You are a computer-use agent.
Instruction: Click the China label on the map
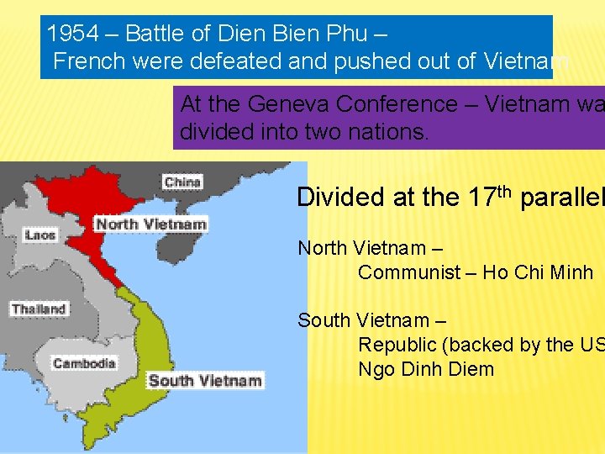182,182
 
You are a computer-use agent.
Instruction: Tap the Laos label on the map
39,235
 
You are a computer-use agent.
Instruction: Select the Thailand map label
39,309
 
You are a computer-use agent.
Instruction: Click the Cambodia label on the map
84,363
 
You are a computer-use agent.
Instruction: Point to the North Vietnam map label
150,224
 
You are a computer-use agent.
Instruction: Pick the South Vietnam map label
205,380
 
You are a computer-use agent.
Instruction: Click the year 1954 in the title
72,34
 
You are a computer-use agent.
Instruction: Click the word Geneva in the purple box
292,104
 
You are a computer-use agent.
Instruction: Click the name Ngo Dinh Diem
426,369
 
